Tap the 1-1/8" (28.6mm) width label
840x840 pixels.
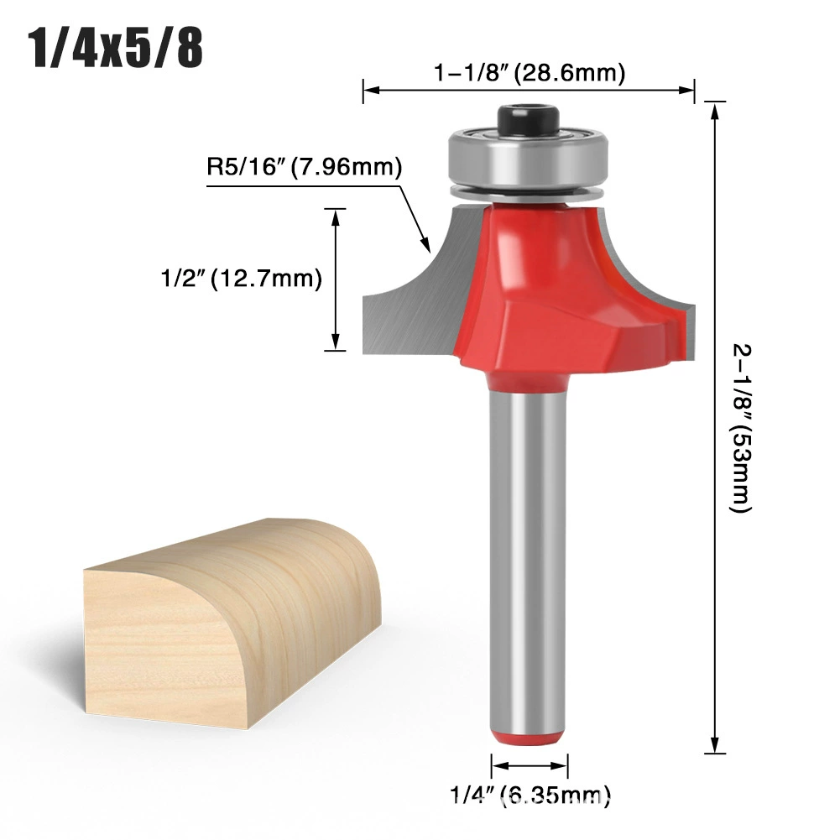(x=530, y=72)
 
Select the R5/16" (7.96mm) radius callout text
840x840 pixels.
(x=305, y=167)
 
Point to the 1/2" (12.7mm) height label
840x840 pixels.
(x=242, y=279)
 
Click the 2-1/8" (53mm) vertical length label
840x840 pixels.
(x=742, y=428)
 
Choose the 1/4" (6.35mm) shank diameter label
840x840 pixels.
(x=530, y=795)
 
